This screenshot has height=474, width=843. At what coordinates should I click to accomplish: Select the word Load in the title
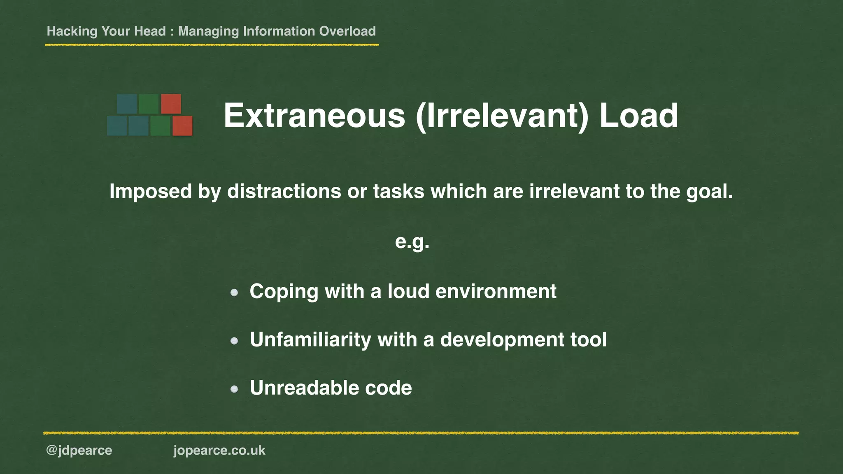click(638, 116)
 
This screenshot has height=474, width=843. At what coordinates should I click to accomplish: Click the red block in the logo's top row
click(171, 104)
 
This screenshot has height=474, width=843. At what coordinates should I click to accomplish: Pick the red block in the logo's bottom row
click(182, 125)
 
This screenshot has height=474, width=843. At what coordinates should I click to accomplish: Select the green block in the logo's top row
click(149, 104)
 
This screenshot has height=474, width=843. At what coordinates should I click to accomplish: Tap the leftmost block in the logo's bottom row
click(117, 125)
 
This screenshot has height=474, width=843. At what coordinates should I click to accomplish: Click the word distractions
click(284, 191)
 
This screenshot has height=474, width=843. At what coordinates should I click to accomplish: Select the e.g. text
click(412, 242)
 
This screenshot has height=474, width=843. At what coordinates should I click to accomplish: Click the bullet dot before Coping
click(234, 293)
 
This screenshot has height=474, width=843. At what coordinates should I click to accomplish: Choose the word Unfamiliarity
click(310, 340)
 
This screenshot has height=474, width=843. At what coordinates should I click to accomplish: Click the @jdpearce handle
click(79, 451)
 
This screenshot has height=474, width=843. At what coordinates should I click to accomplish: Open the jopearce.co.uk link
click(219, 451)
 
